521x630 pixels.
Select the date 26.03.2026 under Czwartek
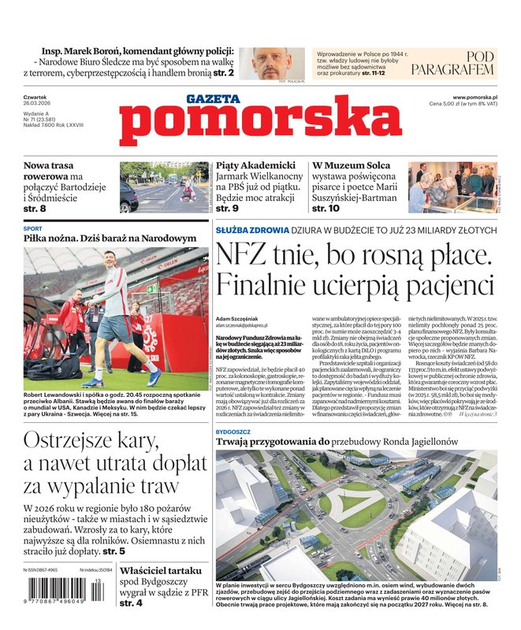coord(36,104)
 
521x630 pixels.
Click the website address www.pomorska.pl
coord(480,97)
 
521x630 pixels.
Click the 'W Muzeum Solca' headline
coord(351,165)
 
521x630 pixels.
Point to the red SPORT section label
coord(33,228)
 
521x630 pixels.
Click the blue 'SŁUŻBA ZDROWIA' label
coord(252,230)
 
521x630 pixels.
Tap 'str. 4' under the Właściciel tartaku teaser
coord(131,602)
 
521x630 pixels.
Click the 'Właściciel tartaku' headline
coord(164,570)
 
